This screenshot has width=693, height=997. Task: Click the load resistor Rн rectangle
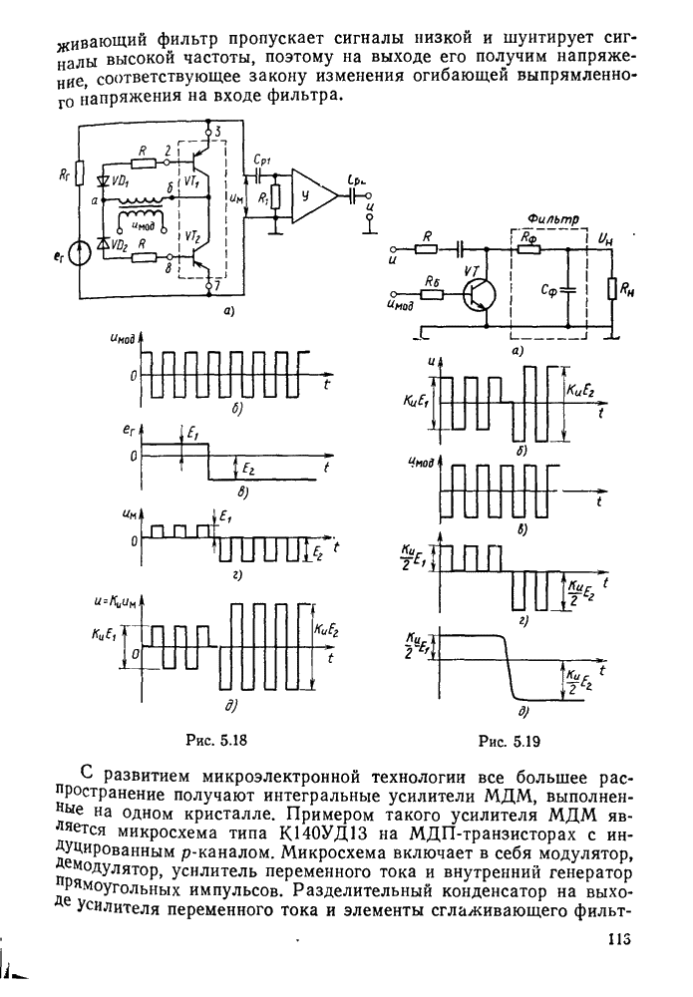[610, 290]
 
